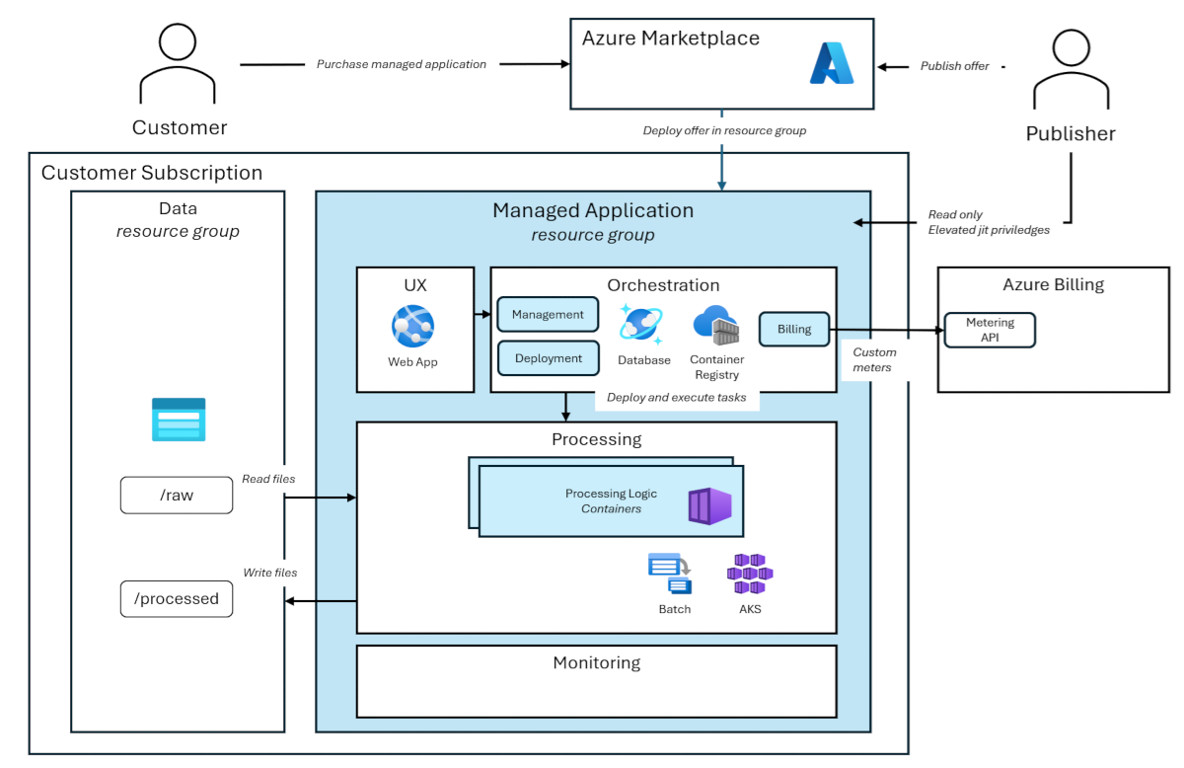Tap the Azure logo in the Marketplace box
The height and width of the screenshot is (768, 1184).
pyautogui.click(x=831, y=63)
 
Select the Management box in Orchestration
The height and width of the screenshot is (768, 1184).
pyautogui.click(x=548, y=315)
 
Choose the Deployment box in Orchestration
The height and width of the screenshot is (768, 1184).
pyautogui.click(x=548, y=358)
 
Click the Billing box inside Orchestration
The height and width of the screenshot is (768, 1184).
pyautogui.click(x=793, y=330)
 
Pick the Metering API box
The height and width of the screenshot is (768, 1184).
pyautogui.click(x=989, y=330)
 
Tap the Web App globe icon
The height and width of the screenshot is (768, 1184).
pyautogui.click(x=412, y=326)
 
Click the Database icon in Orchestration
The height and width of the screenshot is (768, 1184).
pyautogui.click(x=641, y=324)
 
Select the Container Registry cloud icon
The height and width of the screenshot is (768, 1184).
pyautogui.click(x=716, y=325)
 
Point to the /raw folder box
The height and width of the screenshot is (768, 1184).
pyautogui.click(x=177, y=496)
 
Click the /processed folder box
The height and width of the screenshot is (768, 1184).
pyautogui.click(x=177, y=599)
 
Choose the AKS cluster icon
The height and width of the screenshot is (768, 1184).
pyautogui.click(x=750, y=574)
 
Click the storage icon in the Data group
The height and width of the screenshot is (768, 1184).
pyautogui.click(x=179, y=420)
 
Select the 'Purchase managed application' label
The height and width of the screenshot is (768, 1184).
pyautogui.click(x=401, y=64)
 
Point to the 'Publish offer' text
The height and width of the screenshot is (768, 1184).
pyautogui.click(x=954, y=66)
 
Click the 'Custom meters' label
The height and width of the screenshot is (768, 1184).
pyautogui.click(x=874, y=359)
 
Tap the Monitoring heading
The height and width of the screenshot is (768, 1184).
pyautogui.click(x=596, y=663)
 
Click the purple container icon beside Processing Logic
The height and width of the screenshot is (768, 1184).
pyautogui.click(x=709, y=505)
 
